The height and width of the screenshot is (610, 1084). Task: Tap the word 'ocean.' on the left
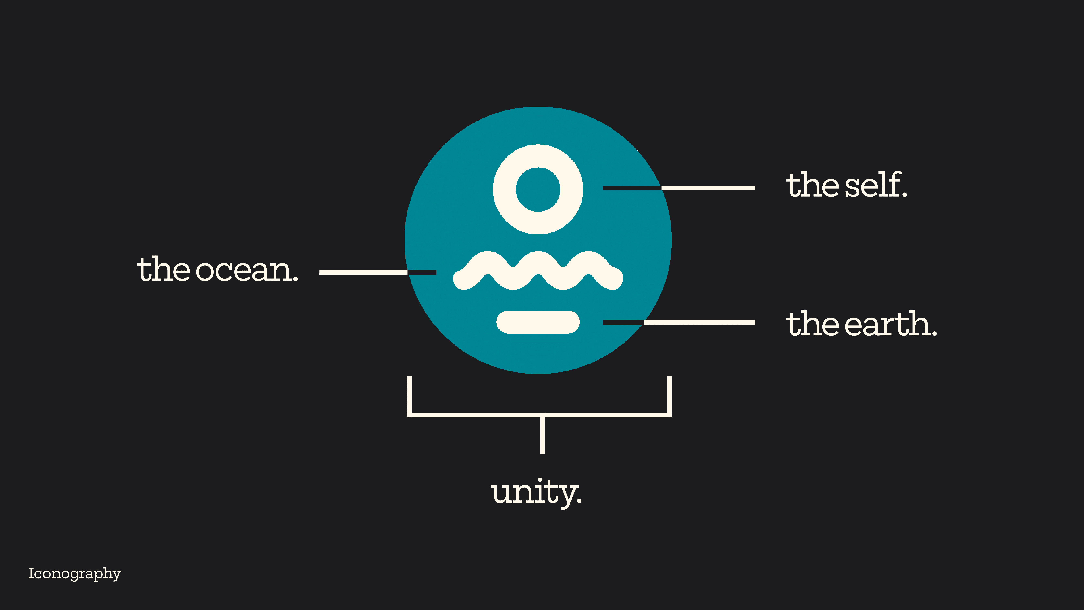247,270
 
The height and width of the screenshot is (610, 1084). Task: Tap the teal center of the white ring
538,190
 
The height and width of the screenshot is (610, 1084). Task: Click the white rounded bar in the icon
538,322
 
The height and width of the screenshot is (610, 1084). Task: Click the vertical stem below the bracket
542,436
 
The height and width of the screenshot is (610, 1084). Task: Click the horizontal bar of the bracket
476,415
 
